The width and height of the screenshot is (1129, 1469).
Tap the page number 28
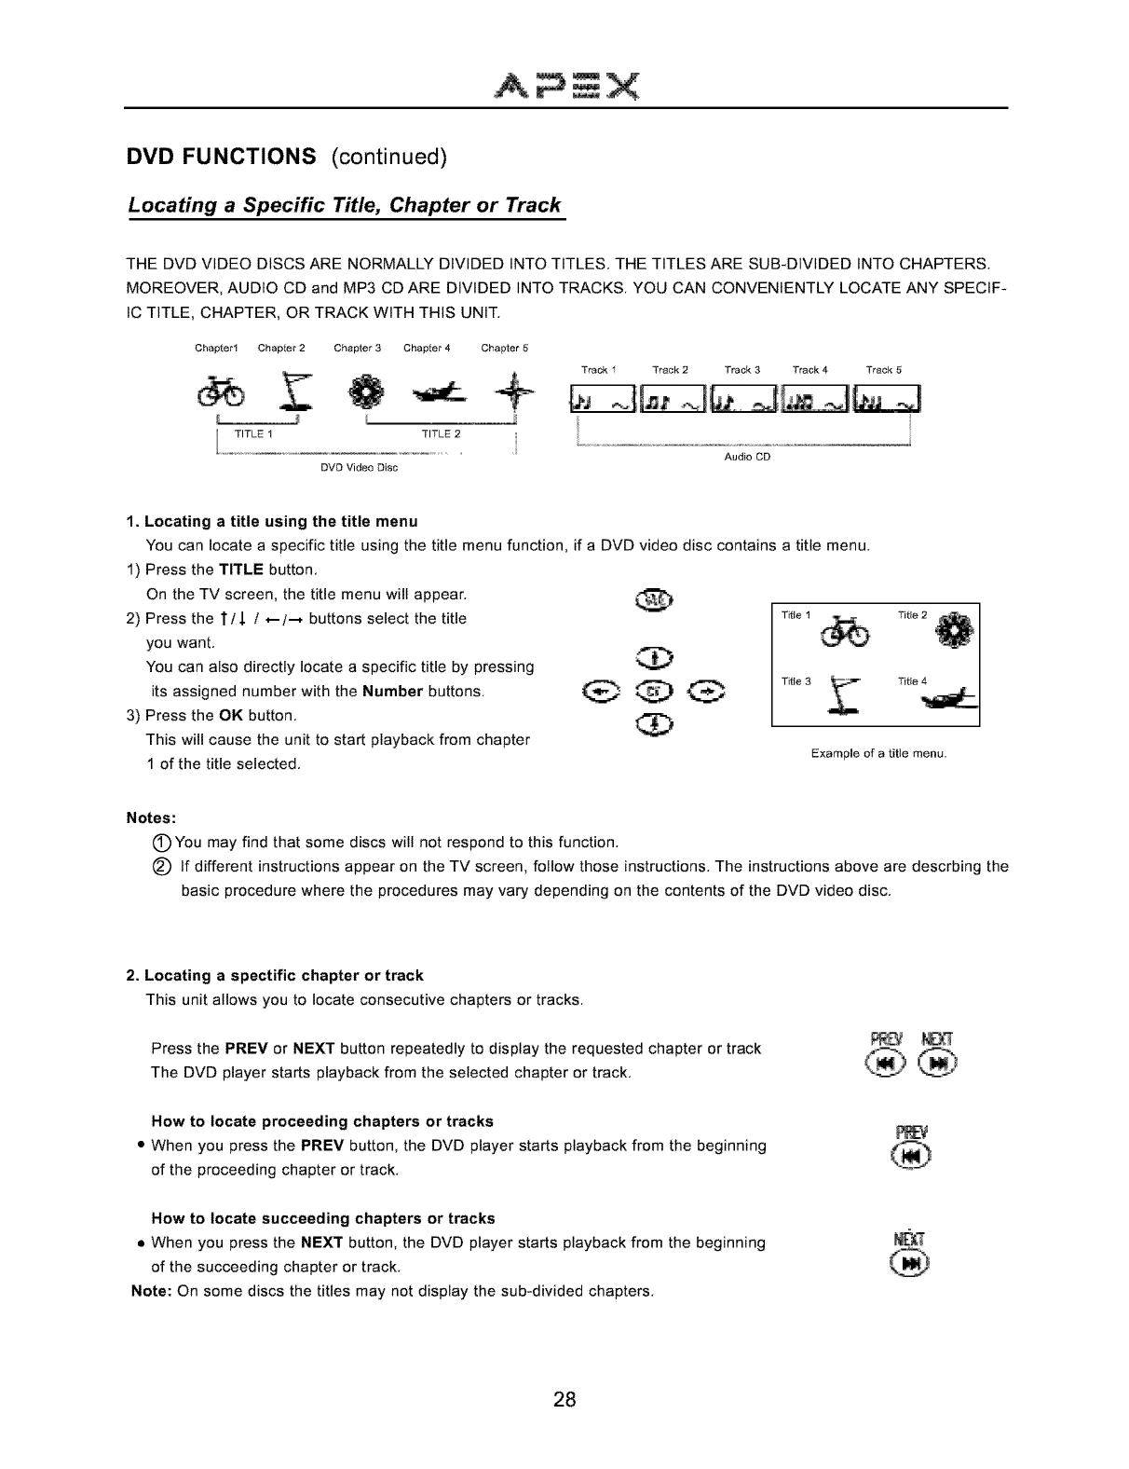point(564,1399)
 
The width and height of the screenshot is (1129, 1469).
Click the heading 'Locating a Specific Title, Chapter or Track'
point(345,205)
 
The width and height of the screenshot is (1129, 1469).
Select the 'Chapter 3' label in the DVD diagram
point(358,349)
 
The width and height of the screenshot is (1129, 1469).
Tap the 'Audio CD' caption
point(747,458)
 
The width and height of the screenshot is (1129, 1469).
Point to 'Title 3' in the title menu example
point(796,681)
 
